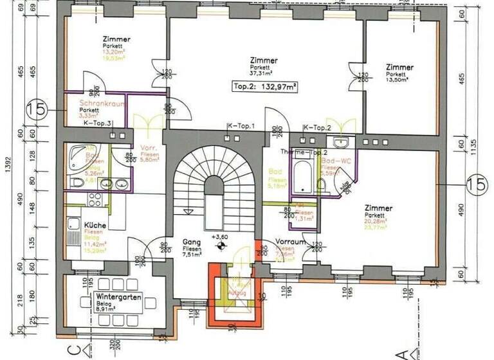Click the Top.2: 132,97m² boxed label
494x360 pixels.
264,86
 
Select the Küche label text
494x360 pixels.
95,226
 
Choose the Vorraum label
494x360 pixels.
289,242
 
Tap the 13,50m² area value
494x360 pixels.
399,80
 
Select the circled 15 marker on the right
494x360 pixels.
477,184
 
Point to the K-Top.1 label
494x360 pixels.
241,127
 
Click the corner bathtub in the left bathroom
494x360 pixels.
80,154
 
